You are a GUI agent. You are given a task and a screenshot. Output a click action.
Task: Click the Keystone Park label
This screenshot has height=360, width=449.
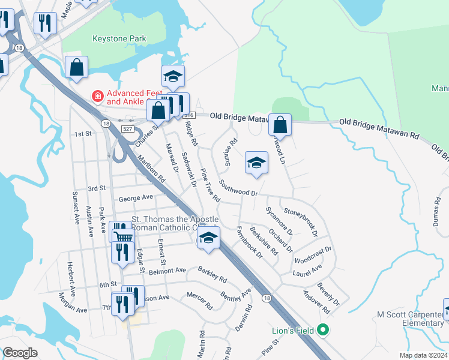[x=119, y=39]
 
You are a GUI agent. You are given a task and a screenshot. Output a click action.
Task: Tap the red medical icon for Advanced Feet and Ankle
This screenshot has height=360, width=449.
[x=96, y=95]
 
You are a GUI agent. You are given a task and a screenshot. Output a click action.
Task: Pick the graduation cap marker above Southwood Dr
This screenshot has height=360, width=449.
[x=256, y=163]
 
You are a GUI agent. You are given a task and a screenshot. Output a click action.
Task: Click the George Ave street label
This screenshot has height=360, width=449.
[x=136, y=197]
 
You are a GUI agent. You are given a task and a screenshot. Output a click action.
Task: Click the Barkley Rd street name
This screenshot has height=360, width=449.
[x=212, y=275]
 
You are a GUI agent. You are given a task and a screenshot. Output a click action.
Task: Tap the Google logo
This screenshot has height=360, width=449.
[x=20, y=353]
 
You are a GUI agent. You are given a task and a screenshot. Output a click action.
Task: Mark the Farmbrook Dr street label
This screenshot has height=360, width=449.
[x=249, y=242]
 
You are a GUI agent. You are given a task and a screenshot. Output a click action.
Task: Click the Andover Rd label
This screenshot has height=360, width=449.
[x=316, y=302]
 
